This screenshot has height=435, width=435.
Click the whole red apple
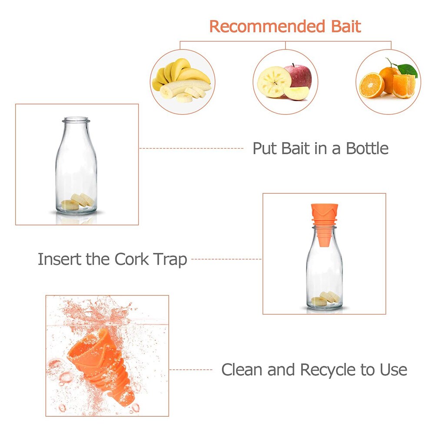click(x=298, y=76)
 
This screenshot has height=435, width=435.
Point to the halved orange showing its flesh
click(x=372, y=85)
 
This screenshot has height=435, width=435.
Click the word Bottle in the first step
click(x=367, y=149)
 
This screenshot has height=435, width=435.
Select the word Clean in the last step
click(x=242, y=370)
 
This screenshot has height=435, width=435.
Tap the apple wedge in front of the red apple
click(x=296, y=93)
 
